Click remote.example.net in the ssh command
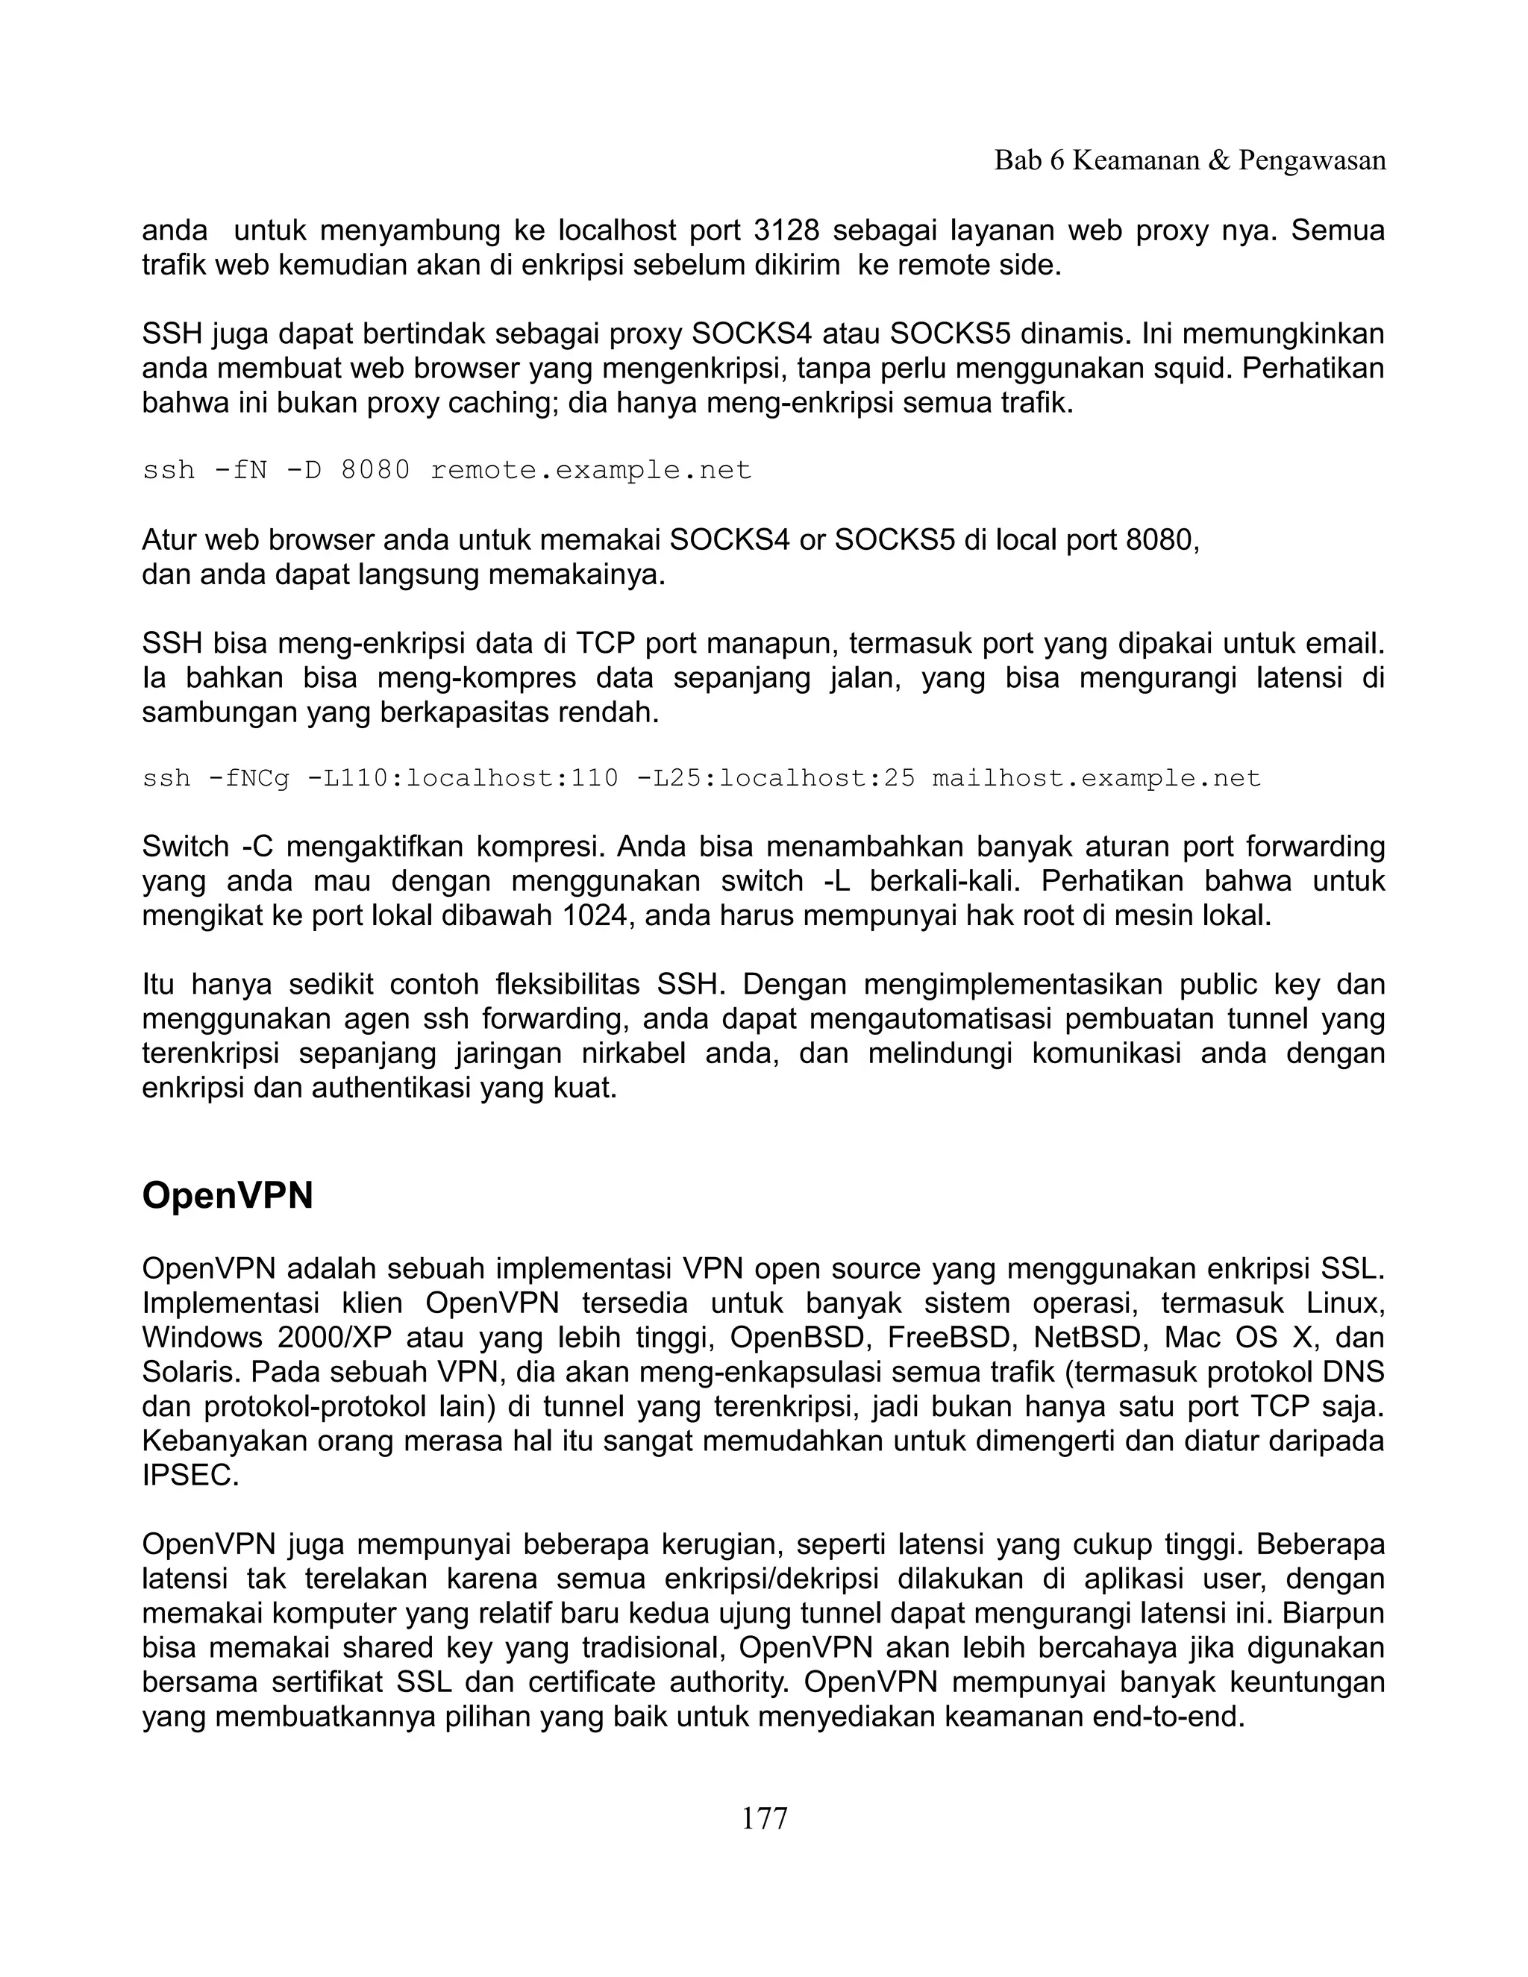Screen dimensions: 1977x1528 click(590, 471)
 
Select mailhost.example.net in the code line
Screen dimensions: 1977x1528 click(1096, 778)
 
